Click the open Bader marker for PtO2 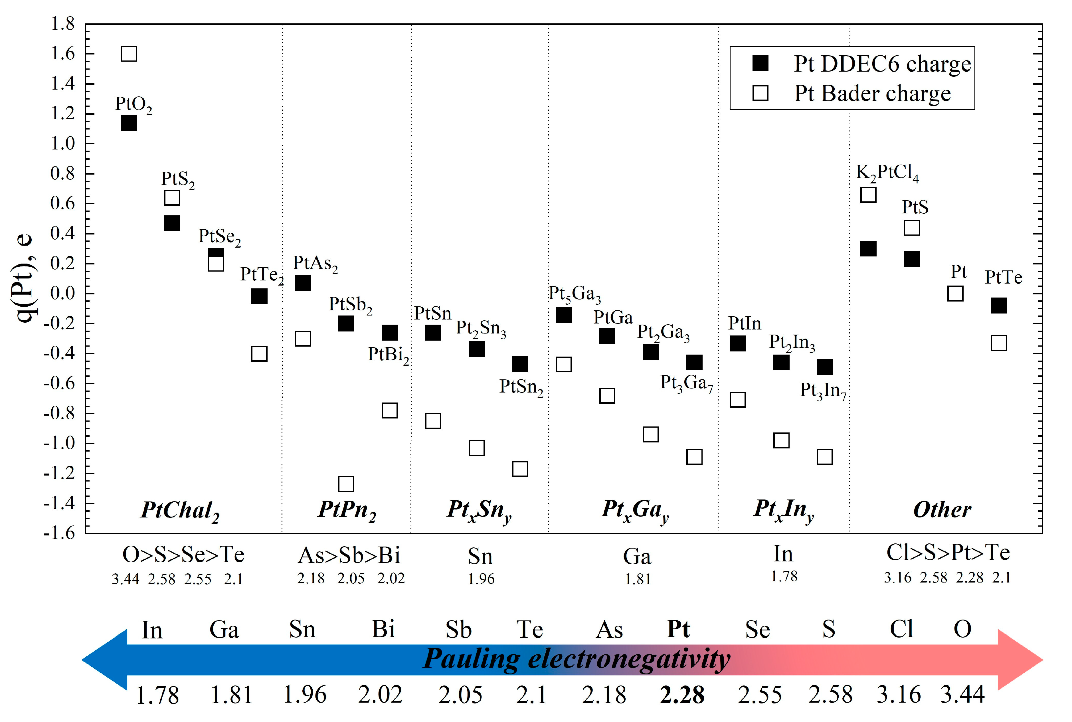coord(128,54)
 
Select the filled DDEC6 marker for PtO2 coord(128,124)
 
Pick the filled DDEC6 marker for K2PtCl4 coord(868,249)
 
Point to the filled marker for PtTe coord(998,305)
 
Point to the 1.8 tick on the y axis coord(63,24)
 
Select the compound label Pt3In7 coord(823,391)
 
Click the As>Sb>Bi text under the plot coord(349,555)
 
